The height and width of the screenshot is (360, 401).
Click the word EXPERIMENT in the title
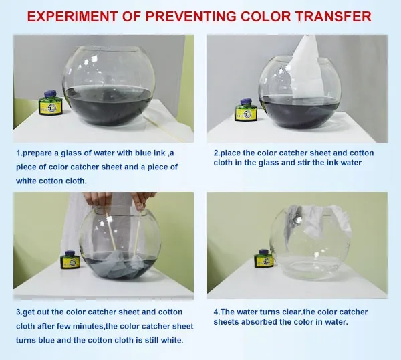coord(72,17)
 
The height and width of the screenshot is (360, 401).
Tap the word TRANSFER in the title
coord(333,17)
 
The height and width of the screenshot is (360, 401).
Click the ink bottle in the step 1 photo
coord(51,102)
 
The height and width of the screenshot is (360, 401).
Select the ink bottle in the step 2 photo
coord(247,110)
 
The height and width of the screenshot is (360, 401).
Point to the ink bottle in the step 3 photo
coord(70,260)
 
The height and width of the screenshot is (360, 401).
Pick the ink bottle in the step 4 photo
coord(263,258)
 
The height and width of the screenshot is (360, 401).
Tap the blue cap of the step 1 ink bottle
coord(51,94)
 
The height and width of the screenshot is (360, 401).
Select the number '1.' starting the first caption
coord(19,153)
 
